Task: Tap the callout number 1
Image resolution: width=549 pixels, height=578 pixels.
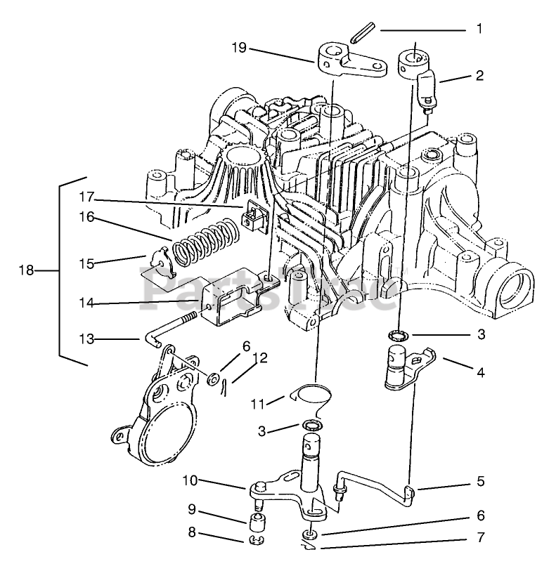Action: click(479, 29)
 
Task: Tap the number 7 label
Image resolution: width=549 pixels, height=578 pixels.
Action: click(481, 539)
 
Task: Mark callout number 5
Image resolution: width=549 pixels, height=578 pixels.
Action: click(481, 482)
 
